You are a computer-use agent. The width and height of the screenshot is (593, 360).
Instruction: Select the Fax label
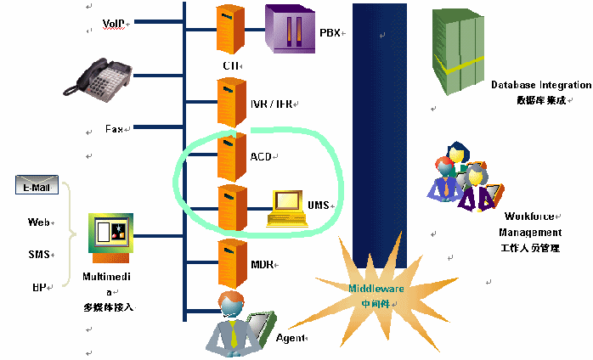115,129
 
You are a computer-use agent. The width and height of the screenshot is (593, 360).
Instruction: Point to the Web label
39,222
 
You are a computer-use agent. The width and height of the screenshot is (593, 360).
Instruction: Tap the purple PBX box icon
288,31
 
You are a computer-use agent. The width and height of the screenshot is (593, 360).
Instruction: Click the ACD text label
261,157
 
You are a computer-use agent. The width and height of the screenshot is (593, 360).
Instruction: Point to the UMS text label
318,205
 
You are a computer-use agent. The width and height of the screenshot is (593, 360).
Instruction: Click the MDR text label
262,264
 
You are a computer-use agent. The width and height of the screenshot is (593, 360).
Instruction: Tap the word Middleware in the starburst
376,289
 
